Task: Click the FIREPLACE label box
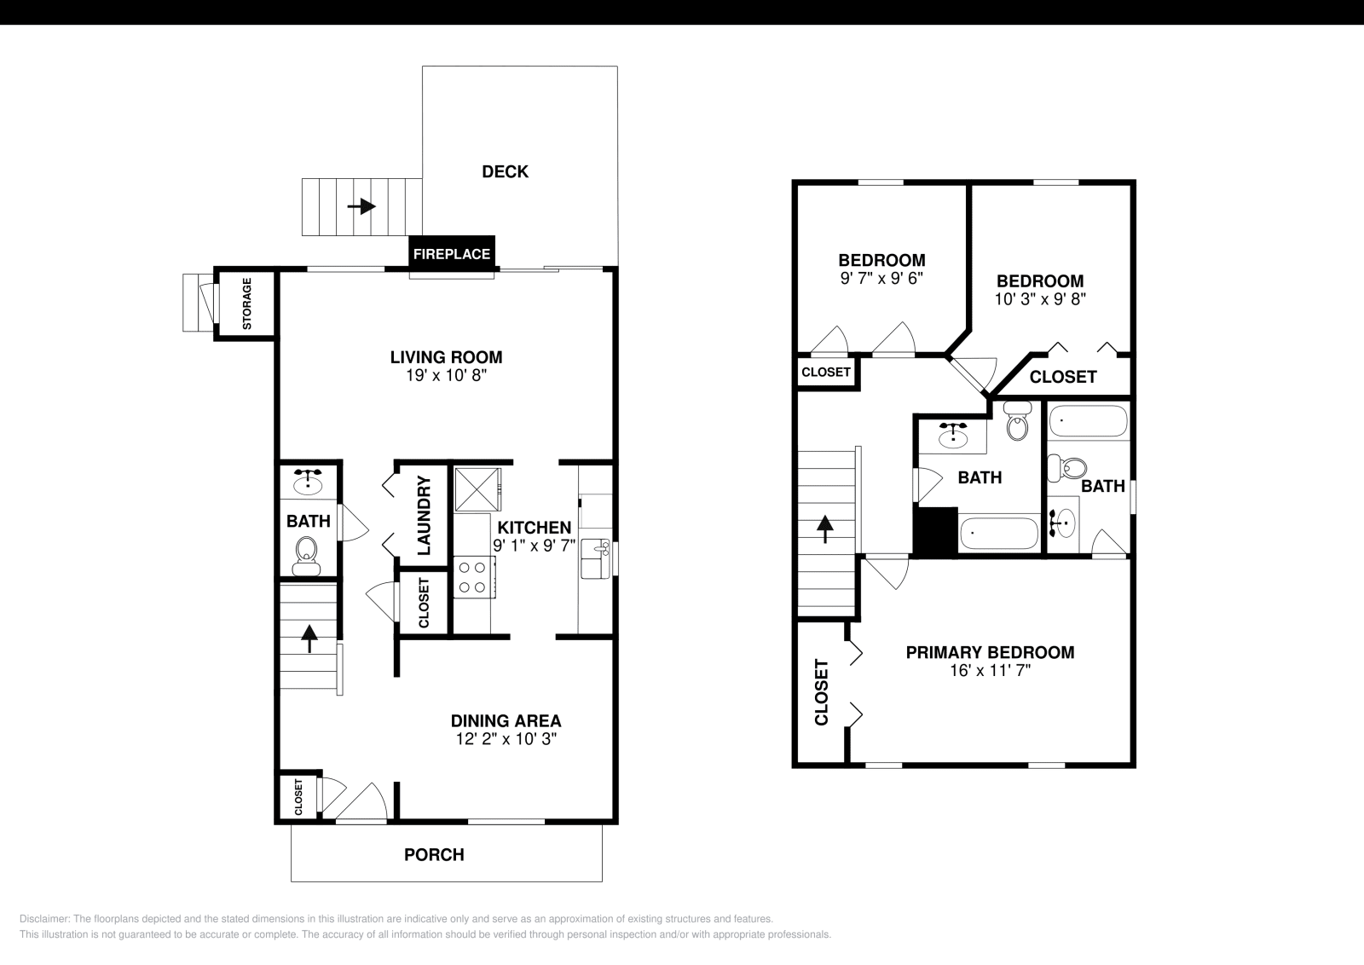click(451, 253)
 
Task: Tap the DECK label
click(505, 171)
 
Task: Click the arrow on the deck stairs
click(361, 206)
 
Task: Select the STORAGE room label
click(246, 304)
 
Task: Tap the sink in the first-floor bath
click(307, 482)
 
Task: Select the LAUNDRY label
click(424, 516)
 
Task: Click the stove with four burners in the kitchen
click(473, 576)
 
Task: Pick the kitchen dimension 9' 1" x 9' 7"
click(534, 546)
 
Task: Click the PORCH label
click(434, 854)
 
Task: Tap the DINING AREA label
click(506, 721)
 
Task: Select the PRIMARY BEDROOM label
click(990, 652)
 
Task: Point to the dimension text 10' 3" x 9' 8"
click(1040, 299)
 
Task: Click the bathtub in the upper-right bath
click(1089, 421)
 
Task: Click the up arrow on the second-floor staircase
click(825, 529)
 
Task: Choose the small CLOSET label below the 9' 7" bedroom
click(826, 373)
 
